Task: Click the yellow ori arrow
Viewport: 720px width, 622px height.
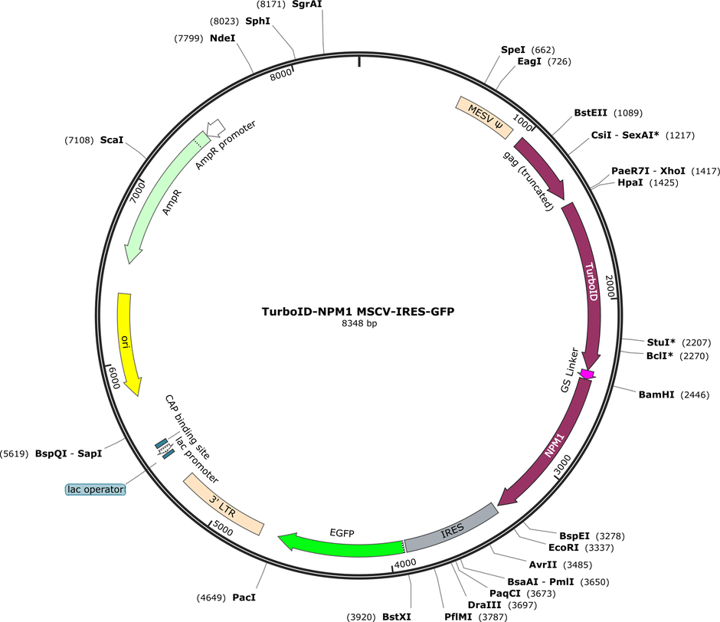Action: point(126,342)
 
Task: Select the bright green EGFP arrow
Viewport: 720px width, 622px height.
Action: point(342,546)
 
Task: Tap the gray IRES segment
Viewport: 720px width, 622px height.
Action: point(452,529)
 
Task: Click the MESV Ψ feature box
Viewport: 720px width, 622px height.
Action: point(484,116)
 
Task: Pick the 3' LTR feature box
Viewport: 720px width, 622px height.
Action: point(224,504)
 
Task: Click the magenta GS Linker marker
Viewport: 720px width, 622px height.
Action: point(587,374)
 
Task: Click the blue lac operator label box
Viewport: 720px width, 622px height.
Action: point(96,489)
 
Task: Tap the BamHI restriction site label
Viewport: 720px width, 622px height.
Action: point(656,394)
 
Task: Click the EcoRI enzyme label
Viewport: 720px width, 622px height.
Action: point(564,548)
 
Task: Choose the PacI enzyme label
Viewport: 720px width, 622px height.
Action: point(244,597)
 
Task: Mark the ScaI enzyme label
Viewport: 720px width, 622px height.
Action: point(112,139)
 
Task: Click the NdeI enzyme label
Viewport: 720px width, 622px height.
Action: point(222,38)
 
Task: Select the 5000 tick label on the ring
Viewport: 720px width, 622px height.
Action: point(223,529)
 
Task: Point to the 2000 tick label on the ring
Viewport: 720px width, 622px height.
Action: point(610,286)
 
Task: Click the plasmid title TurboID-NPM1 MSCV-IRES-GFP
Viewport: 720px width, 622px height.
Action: point(358,312)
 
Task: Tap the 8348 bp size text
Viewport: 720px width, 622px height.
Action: point(359,323)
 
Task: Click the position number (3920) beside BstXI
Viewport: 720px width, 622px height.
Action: point(361,617)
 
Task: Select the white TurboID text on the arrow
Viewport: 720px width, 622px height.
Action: point(591,281)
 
